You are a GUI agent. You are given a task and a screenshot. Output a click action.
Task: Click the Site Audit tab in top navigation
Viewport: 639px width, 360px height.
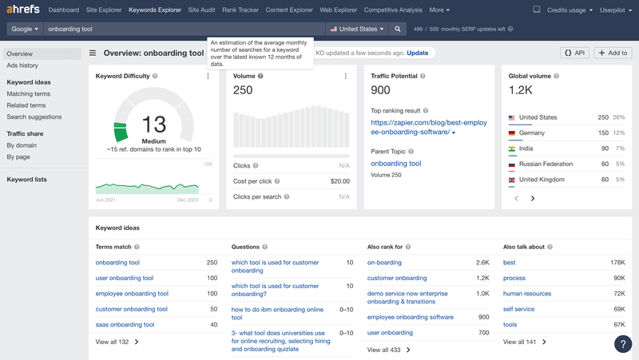[200, 10]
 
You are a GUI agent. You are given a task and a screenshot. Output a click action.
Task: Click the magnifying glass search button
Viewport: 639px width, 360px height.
[398, 29]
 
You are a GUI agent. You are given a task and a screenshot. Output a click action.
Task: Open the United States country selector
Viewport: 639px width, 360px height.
[357, 29]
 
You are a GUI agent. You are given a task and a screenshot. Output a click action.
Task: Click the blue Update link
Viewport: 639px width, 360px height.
[417, 53]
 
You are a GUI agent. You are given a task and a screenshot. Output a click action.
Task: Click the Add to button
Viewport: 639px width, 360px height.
[613, 53]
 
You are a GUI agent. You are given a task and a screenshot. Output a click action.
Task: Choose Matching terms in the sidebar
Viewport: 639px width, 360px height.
[28, 94]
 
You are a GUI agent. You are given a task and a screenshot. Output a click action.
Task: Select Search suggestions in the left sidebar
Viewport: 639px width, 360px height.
[34, 117]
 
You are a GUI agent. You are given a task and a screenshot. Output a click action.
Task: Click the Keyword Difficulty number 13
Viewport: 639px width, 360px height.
[153, 125]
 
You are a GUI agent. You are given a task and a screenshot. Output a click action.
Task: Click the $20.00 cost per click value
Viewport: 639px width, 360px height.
[339, 181]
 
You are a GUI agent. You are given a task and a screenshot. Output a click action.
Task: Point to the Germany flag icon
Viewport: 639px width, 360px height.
[512, 133]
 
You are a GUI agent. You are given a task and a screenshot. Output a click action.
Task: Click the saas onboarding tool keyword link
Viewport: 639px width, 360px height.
[125, 325]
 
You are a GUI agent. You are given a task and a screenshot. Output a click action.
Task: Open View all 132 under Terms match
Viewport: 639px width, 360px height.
[117, 342]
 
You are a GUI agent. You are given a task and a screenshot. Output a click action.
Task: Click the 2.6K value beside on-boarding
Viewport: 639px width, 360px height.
[482, 263]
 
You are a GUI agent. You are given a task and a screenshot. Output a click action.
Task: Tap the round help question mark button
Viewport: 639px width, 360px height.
[622, 344]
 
